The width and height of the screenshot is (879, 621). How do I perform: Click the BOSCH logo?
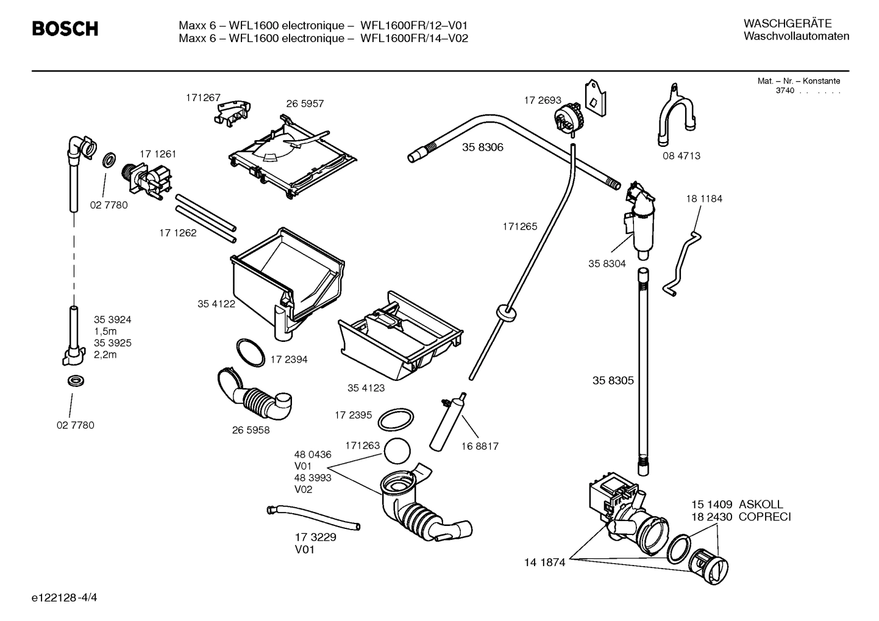(x=65, y=29)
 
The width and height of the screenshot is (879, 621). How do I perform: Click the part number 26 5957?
(x=305, y=104)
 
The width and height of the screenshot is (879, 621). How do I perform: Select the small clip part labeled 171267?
(x=233, y=113)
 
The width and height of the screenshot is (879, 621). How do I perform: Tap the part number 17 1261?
(x=157, y=154)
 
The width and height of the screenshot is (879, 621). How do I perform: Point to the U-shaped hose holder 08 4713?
(x=675, y=119)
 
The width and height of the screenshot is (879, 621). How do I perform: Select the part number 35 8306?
(x=482, y=147)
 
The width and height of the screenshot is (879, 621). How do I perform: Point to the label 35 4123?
(x=366, y=388)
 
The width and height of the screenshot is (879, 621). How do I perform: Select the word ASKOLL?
(x=761, y=505)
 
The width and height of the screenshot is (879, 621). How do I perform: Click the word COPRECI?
(x=764, y=517)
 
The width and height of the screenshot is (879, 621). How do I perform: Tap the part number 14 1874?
(x=544, y=562)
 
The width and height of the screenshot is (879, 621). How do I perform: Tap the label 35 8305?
(x=613, y=381)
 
